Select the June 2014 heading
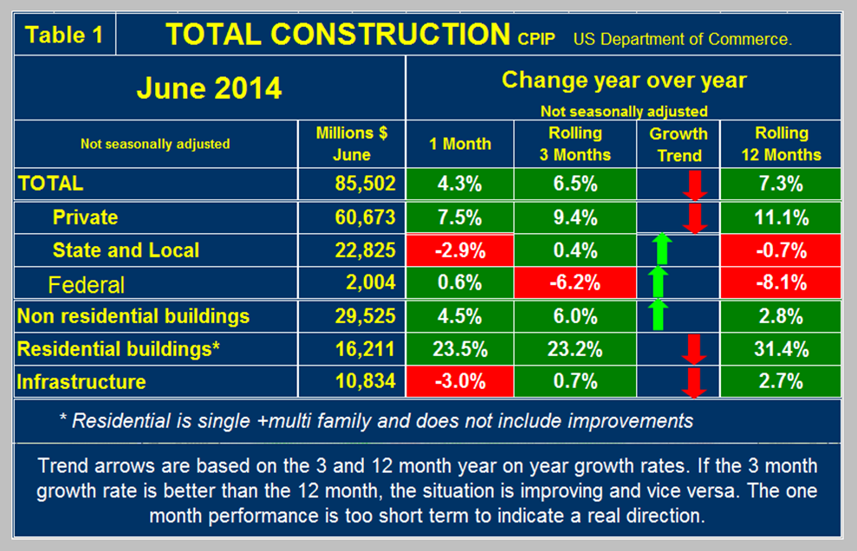point(209,88)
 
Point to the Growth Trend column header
point(678,144)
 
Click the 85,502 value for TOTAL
point(364,184)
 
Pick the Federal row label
point(87,284)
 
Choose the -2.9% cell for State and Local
point(459,250)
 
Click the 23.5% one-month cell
point(459,350)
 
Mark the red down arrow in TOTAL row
point(693,185)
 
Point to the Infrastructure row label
point(81,382)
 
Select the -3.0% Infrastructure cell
point(459,382)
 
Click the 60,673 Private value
point(364,217)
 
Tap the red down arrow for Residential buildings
point(693,350)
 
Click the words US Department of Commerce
point(682,39)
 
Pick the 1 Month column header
point(459,145)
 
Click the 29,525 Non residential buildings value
point(364,316)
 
